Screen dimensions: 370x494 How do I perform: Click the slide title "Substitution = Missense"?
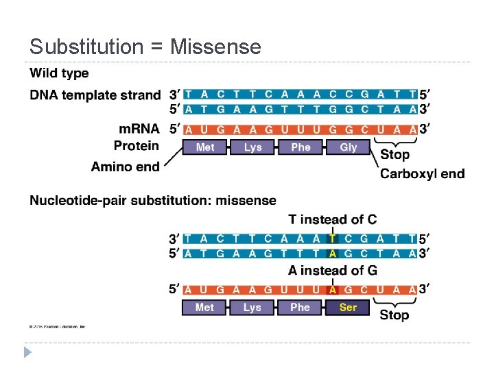[x=145, y=47]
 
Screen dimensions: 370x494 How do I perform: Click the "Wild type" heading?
[x=59, y=73]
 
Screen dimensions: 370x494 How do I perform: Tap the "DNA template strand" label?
[x=95, y=95]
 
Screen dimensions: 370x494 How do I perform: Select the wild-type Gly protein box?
[x=349, y=147]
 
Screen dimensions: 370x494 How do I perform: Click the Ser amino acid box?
[x=348, y=308]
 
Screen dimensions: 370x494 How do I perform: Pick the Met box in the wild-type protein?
[x=205, y=147]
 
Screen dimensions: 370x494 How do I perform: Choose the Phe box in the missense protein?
[x=300, y=308]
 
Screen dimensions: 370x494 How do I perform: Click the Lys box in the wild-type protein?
[x=252, y=147]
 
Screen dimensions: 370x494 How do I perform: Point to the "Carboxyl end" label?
[x=422, y=173]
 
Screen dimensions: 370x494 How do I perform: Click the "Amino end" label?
[x=126, y=166]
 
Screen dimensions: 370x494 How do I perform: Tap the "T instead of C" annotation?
[x=332, y=219]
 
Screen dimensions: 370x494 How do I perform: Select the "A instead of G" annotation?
[x=332, y=271]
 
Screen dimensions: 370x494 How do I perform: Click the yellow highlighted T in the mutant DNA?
[x=333, y=239]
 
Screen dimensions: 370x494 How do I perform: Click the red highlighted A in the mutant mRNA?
[x=333, y=289]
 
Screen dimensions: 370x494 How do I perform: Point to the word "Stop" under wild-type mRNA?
[x=395, y=155]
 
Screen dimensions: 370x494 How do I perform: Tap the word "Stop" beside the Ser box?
[x=395, y=315]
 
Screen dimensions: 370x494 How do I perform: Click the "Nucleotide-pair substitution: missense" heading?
[x=153, y=201]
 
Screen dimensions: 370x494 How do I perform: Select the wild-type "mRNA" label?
[x=139, y=129]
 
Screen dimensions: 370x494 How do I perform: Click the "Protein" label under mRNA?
[x=136, y=146]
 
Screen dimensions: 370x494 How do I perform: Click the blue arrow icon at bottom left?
[x=27, y=353]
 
